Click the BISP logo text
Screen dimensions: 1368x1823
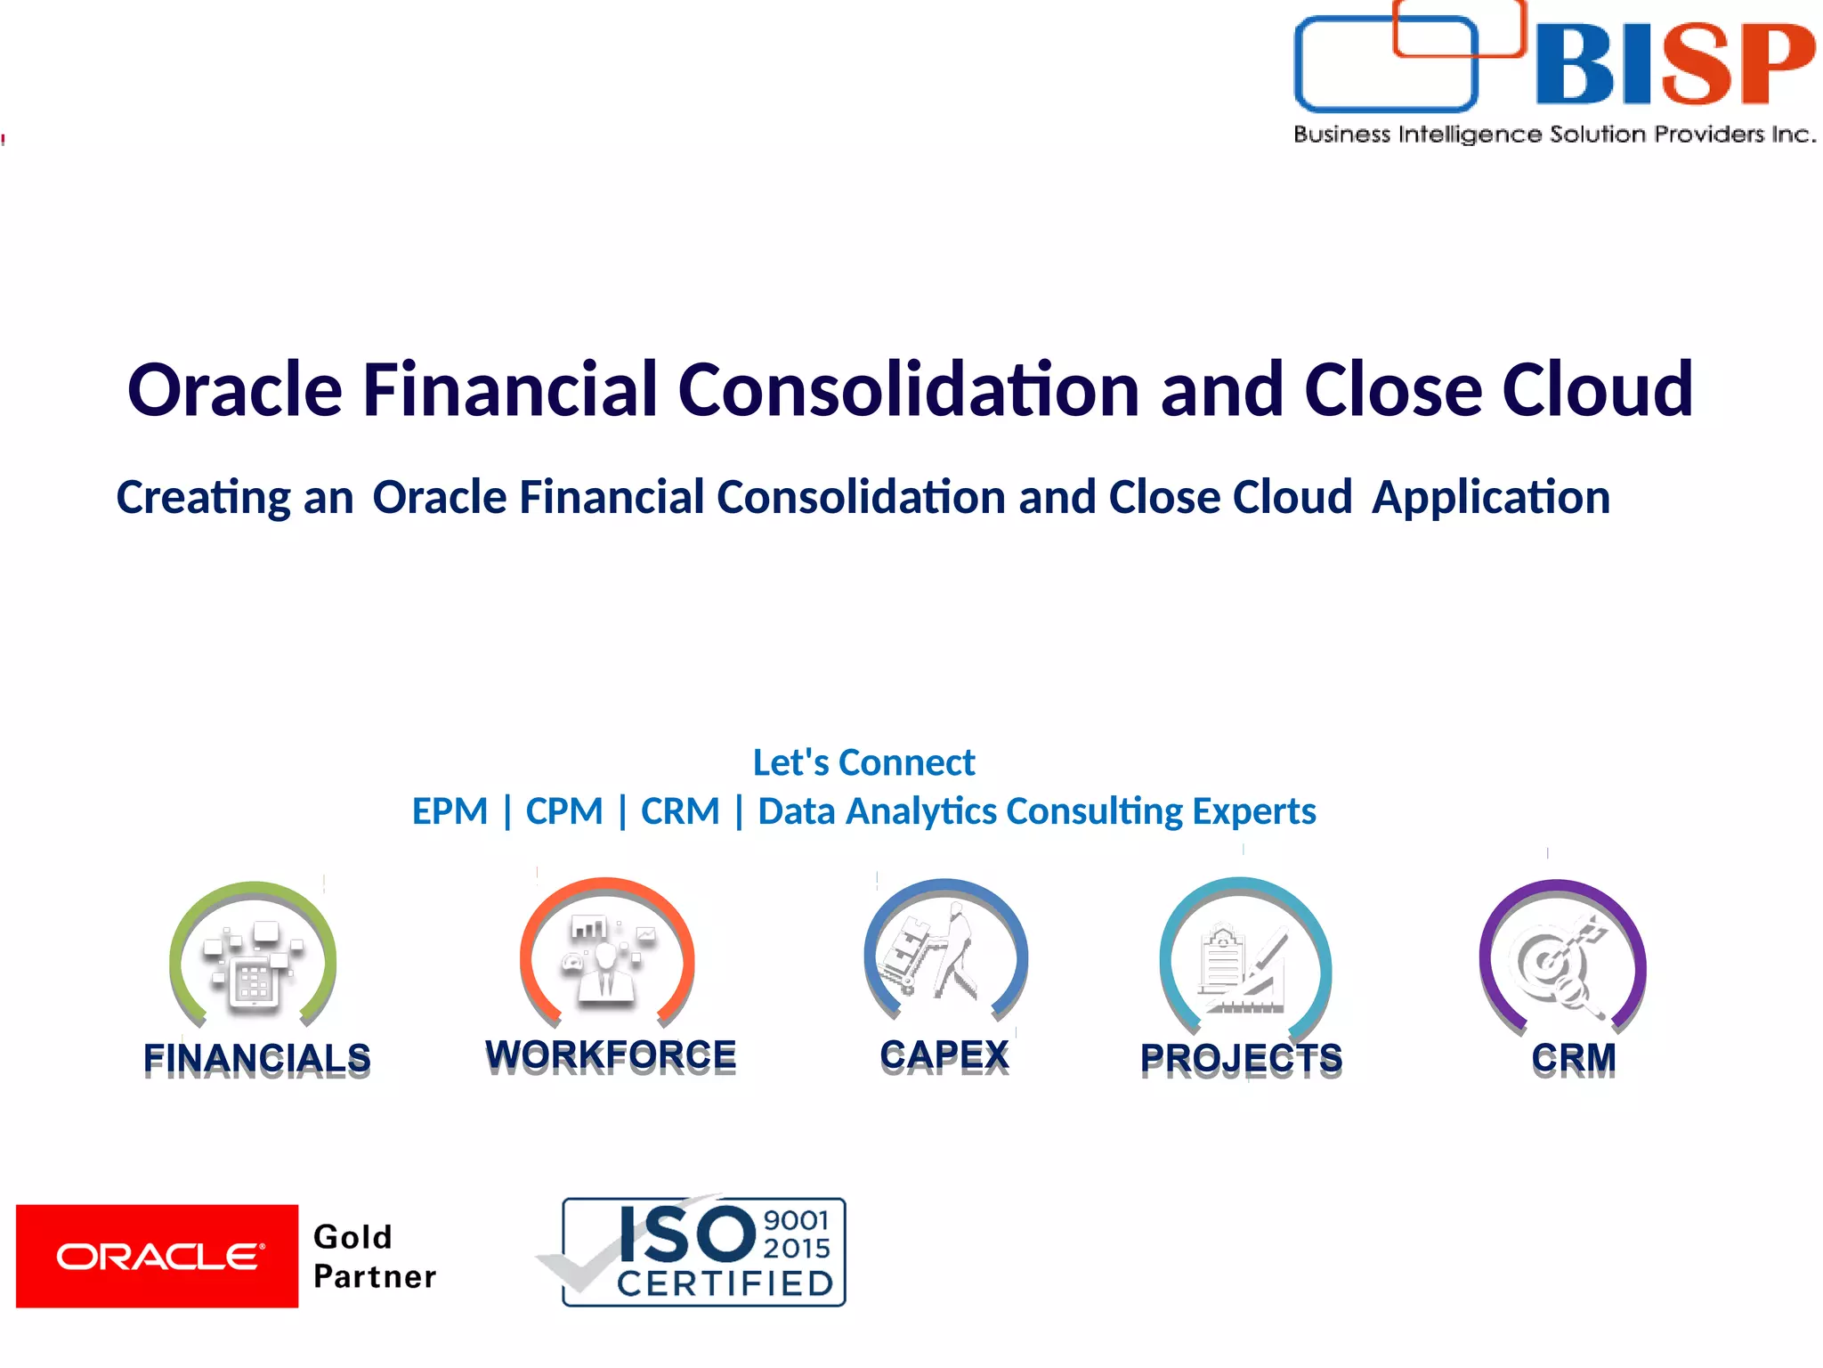coord(1673,64)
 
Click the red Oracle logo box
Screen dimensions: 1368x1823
coord(157,1256)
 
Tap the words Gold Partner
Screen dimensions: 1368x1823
coord(374,1257)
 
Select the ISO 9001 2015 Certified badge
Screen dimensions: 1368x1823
coord(703,1251)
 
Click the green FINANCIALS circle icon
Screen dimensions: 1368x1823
coord(254,957)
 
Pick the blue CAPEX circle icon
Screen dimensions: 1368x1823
coord(945,953)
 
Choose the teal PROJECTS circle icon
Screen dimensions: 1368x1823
coord(1244,957)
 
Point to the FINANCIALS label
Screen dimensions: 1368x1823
coord(257,1058)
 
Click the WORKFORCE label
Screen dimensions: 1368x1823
coord(611,1054)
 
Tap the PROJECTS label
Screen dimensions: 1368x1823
coord(1242,1058)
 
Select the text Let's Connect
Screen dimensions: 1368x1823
coord(863,762)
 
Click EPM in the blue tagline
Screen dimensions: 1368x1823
coord(450,811)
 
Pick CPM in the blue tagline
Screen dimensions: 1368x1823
coord(564,811)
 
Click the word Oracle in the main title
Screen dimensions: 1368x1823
coord(235,390)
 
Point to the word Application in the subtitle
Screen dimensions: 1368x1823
coord(1491,497)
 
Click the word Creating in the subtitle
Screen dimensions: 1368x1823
coord(203,497)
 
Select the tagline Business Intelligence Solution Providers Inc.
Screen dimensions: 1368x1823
coord(1554,134)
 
